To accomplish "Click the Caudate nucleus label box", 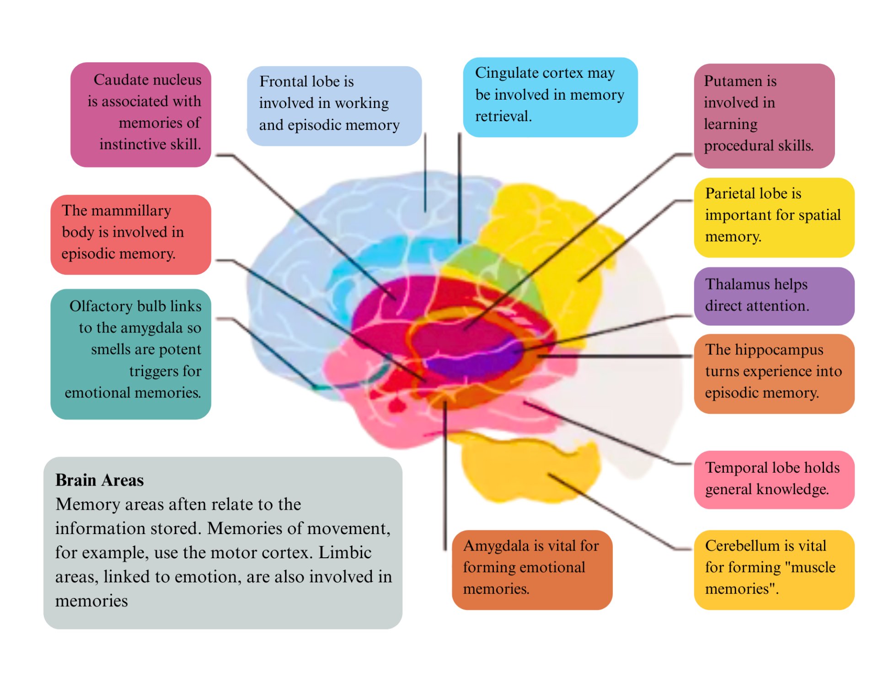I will tap(140, 114).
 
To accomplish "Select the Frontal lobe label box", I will tap(334, 106).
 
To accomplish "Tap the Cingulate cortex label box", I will tap(550, 97).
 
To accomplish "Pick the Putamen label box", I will tap(764, 116).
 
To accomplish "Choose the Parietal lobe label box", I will tap(774, 217).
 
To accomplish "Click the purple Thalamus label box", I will tap(774, 296).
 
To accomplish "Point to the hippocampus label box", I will tap(774, 374).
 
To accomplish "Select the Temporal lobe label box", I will tap(774, 479).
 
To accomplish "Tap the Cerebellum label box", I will tap(774, 569).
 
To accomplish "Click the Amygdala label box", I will tap(531, 569).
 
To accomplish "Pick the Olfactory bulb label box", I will tap(131, 353).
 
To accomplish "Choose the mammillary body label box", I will tap(131, 234).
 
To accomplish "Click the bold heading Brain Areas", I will tap(99, 480).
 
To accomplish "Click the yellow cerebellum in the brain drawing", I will tap(526, 471).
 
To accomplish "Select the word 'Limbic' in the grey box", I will tap(345, 553).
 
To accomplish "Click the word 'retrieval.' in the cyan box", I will tap(503, 117).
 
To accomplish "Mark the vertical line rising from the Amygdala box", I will tap(444, 480).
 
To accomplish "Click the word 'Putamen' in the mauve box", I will tap(740, 81).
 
